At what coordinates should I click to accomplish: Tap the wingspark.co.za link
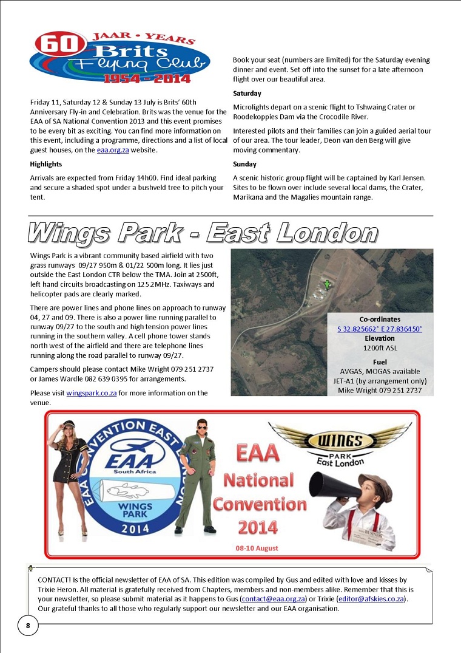pyautogui.click(x=91, y=393)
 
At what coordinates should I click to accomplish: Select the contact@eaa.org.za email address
pyautogui.click(x=272, y=598)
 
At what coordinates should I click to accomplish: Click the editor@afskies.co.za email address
pyautogui.click(x=371, y=598)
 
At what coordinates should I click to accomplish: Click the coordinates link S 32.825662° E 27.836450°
pyautogui.click(x=380, y=329)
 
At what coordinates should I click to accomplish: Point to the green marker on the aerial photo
pyautogui.click(x=327, y=284)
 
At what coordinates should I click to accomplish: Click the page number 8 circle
pyautogui.click(x=28, y=625)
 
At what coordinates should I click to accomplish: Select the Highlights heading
pyautogui.click(x=46, y=164)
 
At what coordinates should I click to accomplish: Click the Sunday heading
pyautogui.click(x=244, y=164)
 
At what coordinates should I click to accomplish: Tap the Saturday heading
pyautogui.click(x=247, y=94)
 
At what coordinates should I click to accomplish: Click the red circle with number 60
pyautogui.click(x=53, y=44)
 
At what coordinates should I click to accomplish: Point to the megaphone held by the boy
pyautogui.click(x=331, y=490)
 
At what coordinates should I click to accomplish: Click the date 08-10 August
pyautogui.click(x=257, y=548)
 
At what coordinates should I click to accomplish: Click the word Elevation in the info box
pyautogui.click(x=380, y=338)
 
